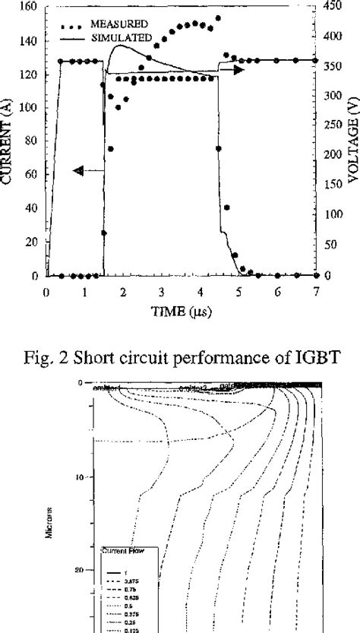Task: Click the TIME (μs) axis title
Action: point(180,311)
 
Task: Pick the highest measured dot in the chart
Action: point(219,18)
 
